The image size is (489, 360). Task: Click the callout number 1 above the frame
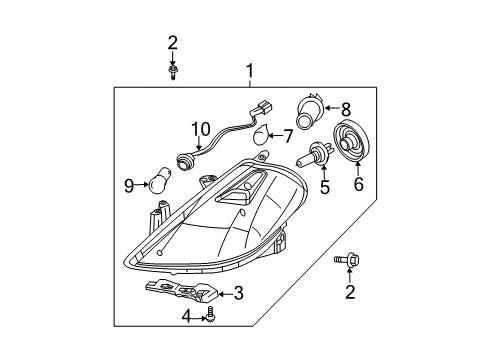pyautogui.click(x=250, y=71)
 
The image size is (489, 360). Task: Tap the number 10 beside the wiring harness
pyautogui.click(x=201, y=129)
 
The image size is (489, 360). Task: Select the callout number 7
pyautogui.click(x=287, y=136)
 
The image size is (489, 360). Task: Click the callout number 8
pyautogui.click(x=346, y=108)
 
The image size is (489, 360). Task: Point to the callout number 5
pyautogui.click(x=324, y=187)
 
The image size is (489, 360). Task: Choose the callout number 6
pyautogui.click(x=358, y=184)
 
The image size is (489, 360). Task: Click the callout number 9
pyautogui.click(x=129, y=185)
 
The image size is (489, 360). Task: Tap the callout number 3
pyautogui.click(x=239, y=294)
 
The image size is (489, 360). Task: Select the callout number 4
pyautogui.click(x=187, y=316)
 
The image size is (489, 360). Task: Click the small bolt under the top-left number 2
pyautogui.click(x=172, y=72)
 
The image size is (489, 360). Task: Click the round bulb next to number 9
pyautogui.click(x=161, y=181)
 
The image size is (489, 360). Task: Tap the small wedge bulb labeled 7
pyautogui.click(x=261, y=135)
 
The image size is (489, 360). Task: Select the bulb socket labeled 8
pyautogui.click(x=310, y=110)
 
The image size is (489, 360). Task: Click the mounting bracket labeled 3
pyautogui.click(x=182, y=289)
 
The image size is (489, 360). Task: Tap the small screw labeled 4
pyautogui.click(x=211, y=314)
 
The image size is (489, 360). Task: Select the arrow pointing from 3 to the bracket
pyautogui.click(x=226, y=294)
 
